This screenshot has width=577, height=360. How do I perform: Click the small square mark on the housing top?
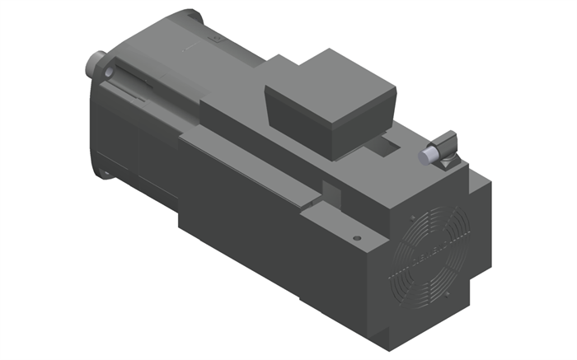point(217,38)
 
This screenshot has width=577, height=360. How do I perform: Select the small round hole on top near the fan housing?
point(357,238)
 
